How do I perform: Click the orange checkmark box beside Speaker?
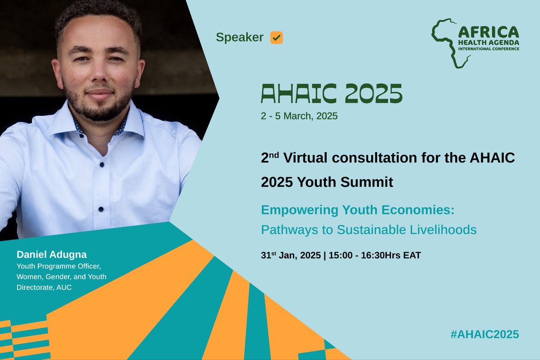click(276, 38)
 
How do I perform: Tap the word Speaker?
click(239, 38)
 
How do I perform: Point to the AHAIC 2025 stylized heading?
click(331, 93)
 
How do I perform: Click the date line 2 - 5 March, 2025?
click(299, 116)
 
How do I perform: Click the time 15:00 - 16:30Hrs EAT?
click(375, 256)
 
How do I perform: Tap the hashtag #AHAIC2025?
click(484, 334)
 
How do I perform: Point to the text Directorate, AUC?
click(44, 287)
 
